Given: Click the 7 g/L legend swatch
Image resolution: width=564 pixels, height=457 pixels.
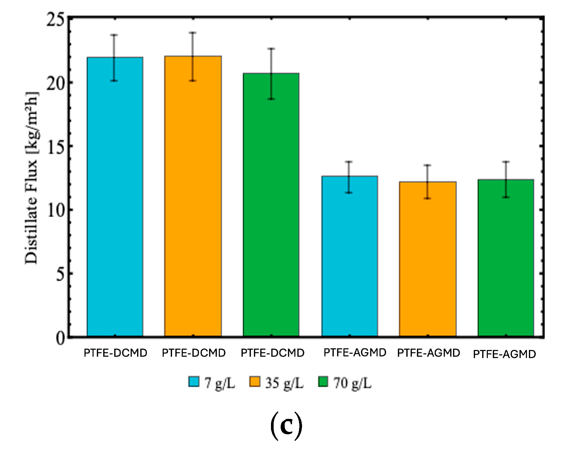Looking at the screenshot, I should pos(194,381).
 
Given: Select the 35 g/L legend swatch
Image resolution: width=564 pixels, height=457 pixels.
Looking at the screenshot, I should pos(255,381).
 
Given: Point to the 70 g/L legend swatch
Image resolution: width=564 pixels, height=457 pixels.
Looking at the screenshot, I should pos(323,381).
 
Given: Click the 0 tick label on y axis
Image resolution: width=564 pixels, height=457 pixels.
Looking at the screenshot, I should pos(60,338).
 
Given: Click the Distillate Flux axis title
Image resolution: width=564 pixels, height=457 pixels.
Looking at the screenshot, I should pos(32,177).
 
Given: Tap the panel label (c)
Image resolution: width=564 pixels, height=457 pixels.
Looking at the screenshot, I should pos(286,425).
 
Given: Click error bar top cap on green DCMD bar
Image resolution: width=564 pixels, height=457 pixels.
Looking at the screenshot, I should pos(271,49).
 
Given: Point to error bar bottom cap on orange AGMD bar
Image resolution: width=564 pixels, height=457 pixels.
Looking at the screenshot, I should pos(427,198).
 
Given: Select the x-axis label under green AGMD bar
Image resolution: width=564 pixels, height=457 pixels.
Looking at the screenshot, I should pos(504,354).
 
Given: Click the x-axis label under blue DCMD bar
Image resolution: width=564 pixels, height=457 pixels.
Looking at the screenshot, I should pos(115,353).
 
